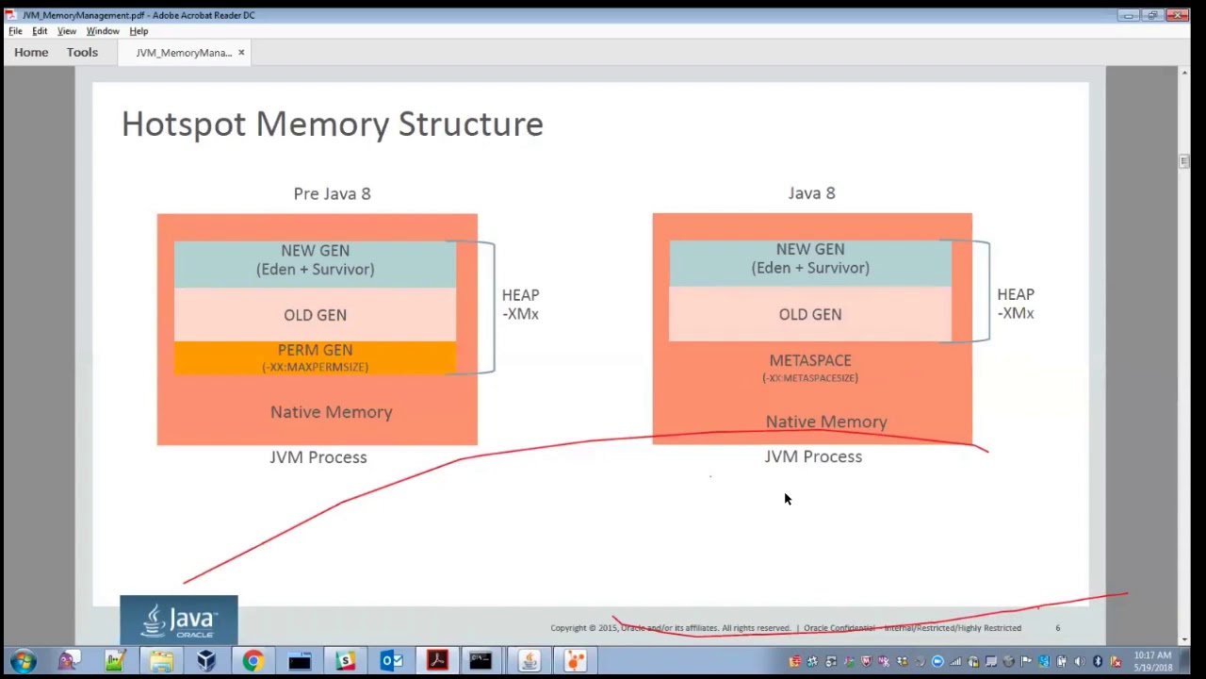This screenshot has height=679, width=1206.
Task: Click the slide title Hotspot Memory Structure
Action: [332, 124]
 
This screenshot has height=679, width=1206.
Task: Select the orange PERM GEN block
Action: [315, 357]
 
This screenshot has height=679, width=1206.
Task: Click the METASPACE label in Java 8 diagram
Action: [810, 360]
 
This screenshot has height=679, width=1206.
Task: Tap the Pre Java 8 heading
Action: [332, 193]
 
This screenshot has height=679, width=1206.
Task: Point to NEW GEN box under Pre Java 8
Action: [315, 260]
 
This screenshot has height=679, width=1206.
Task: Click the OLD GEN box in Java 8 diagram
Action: [810, 315]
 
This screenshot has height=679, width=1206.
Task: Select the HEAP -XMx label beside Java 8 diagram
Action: [1015, 304]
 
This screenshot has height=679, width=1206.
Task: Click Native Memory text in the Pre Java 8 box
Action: [331, 412]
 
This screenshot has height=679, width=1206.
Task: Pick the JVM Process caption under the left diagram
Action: [318, 457]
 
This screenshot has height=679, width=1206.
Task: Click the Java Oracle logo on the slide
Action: [179, 621]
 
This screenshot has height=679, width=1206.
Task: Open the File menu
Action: [15, 31]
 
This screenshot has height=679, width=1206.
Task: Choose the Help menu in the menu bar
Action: [139, 31]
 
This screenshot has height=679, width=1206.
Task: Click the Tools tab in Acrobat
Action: [82, 53]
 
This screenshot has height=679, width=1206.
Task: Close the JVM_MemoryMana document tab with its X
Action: [241, 53]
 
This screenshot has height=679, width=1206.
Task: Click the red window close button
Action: [1178, 15]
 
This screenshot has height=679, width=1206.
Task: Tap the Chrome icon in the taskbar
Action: [253, 661]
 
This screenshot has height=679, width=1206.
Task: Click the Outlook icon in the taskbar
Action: [391, 661]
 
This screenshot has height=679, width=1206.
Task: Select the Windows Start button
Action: [23, 661]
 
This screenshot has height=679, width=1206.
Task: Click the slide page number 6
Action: [1057, 628]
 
